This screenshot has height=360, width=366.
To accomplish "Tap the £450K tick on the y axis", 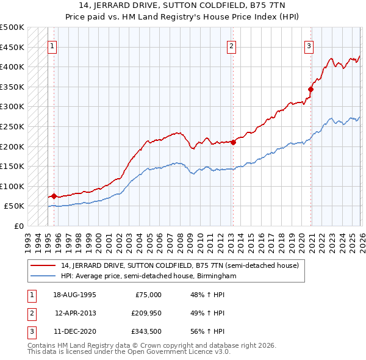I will click(12, 47).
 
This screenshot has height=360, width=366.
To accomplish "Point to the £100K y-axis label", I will click(12, 186).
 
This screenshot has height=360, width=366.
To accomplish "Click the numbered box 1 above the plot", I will click(52, 45).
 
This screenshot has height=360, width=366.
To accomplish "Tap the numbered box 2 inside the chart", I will click(232, 45).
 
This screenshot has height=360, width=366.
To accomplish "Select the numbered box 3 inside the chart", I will click(309, 45).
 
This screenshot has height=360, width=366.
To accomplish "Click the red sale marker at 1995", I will click(54, 196).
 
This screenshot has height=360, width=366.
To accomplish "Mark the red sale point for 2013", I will click(233, 142).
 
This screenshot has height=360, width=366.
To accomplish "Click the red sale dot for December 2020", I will click(310, 89).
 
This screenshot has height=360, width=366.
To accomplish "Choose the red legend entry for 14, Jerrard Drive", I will click(179, 265).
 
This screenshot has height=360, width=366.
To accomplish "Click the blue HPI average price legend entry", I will click(148, 276).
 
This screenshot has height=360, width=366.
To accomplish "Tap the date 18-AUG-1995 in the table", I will click(75, 295).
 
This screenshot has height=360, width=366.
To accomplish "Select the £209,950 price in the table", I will click(145, 313).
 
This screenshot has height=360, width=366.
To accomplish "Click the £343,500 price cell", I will click(145, 331).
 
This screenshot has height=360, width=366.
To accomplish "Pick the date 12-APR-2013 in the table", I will click(75, 313).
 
